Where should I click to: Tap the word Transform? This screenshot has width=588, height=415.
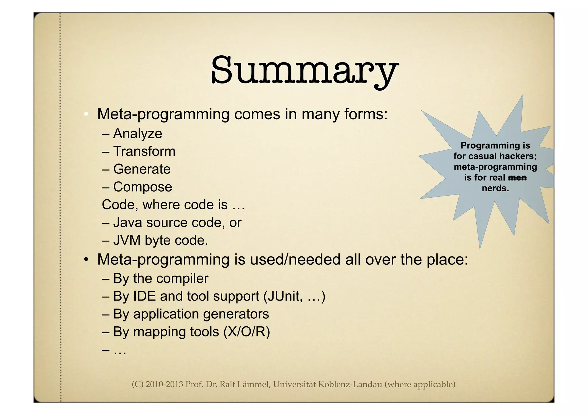click(x=144, y=151)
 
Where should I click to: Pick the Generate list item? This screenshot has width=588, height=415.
click(x=142, y=169)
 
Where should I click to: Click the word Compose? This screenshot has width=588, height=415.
click(x=143, y=187)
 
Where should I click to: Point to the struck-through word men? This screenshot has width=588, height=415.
click(x=517, y=178)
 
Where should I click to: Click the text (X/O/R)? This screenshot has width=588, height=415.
click(x=247, y=332)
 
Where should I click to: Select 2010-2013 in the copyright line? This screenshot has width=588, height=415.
click(x=165, y=384)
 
